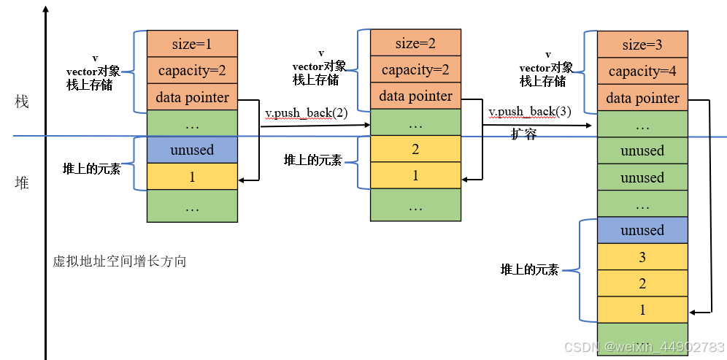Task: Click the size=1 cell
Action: pos(192,44)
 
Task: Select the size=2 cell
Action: pos(415,43)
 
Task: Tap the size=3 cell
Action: pos(642,45)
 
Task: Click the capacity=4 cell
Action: pos(642,72)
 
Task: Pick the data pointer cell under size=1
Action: pos(192,98)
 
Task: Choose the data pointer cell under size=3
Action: pos(642,99)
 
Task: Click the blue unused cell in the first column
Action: pos(192,150)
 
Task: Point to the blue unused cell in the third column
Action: pos(642,230)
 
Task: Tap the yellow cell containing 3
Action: pos(642,257)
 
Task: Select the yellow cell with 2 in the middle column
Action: pos(415,149)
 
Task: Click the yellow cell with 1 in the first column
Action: pos(192,176)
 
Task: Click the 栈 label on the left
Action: pos(22,102)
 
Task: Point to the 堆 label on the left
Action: pos(22,183)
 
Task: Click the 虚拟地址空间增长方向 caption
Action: pos(119,261)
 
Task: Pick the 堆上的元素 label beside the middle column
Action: pos(312,160)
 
